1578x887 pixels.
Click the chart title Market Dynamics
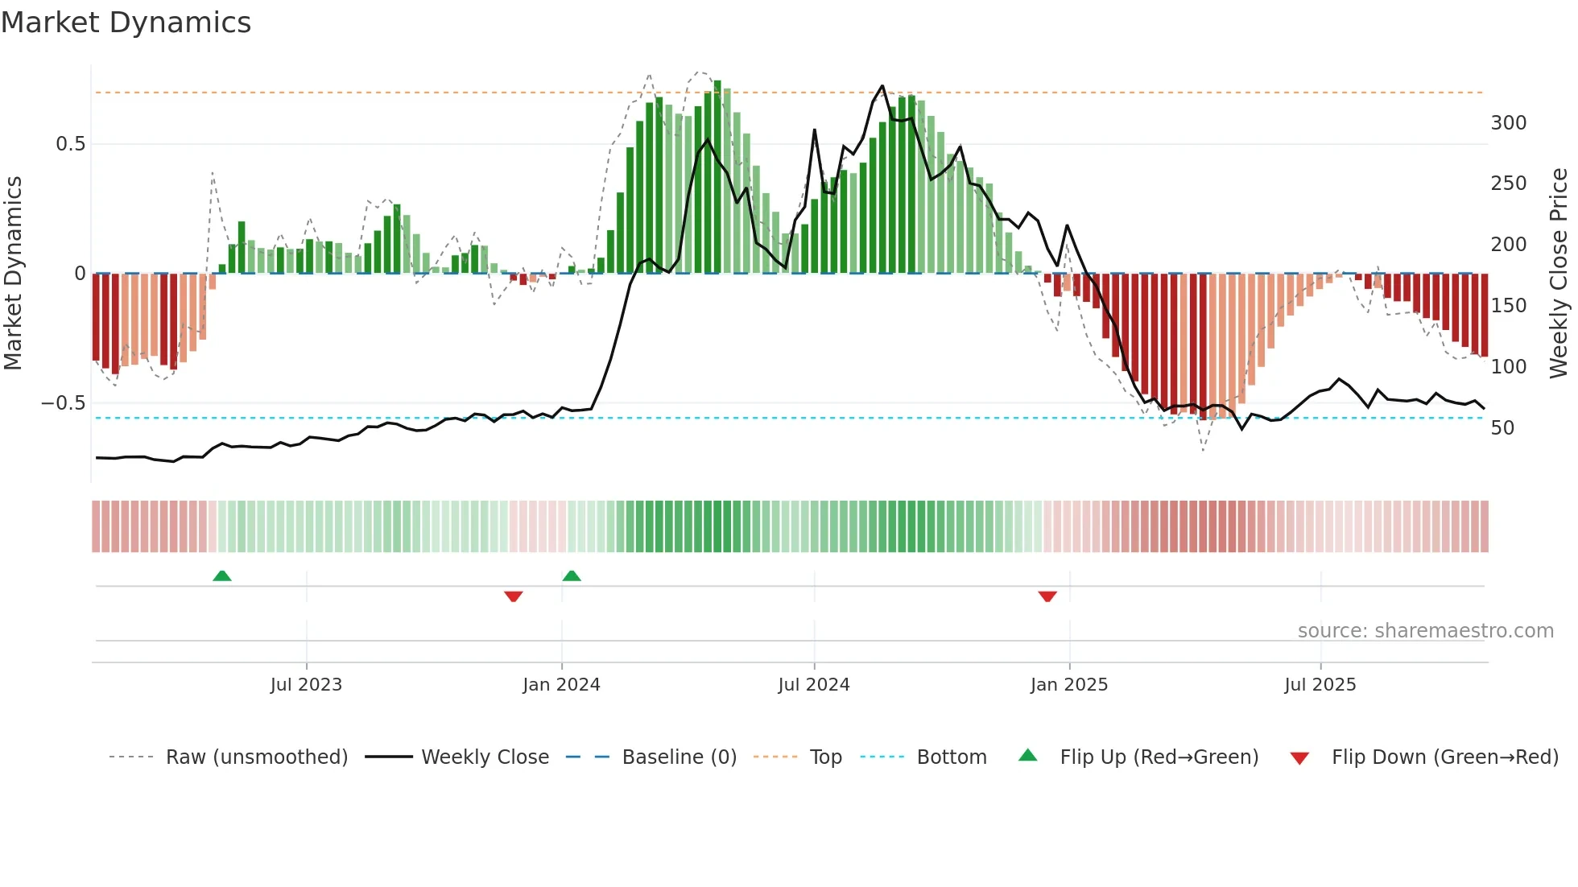[126, 23]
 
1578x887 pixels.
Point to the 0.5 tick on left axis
[70, 144]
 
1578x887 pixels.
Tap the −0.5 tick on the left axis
[64, 403]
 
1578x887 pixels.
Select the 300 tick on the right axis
[1508, 123]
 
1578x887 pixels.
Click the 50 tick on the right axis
[1502, 428]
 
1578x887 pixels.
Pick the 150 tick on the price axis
[1508, 306]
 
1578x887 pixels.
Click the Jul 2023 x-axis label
[306, 685]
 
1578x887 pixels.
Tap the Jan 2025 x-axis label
[1068, 685]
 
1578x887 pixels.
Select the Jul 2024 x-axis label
[813, 685]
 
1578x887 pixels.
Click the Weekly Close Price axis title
[1559, 274]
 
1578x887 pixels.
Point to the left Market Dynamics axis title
[13, 274]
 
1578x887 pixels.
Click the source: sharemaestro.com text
[1425, 631]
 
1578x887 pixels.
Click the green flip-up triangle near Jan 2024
[572, 576]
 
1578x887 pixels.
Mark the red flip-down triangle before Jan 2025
[1047, 596]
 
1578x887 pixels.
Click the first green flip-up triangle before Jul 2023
[222, 576]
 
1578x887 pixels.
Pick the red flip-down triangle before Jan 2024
[514, 596]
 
